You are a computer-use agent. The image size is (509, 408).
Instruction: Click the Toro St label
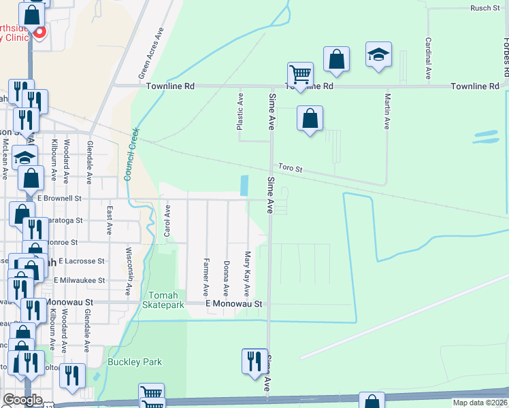click(289, 167)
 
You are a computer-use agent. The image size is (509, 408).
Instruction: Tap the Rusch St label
click(485, 8)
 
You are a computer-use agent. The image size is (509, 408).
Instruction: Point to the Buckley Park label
click(135, 362)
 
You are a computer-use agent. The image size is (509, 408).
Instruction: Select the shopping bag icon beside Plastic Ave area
click(310, 118)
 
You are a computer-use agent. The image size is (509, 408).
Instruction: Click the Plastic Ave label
click(240, 112)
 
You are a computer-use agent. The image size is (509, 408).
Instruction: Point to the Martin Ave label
click(387, 112)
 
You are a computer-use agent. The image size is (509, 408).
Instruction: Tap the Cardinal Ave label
click(428, 58)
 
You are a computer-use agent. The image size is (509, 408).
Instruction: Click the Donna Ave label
click(226, 274)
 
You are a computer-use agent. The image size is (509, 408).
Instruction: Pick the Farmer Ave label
click(206, 273)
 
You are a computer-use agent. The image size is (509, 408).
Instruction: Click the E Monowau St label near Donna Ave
click(233, 303)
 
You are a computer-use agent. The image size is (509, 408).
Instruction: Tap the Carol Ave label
click(167, 223)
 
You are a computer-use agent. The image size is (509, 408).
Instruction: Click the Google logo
click(22, 400)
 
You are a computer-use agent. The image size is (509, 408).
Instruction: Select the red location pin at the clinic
click(39, 31)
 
